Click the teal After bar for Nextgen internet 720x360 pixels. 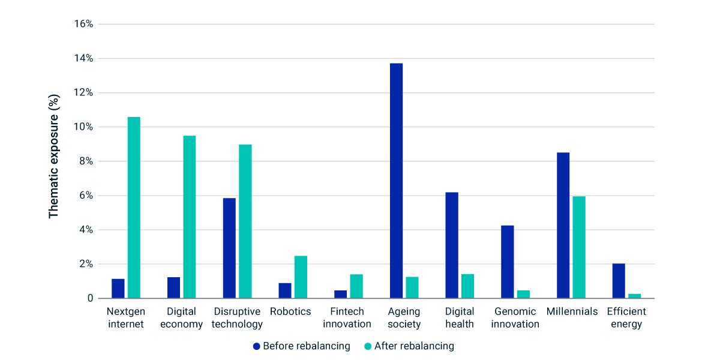tap(134, 208)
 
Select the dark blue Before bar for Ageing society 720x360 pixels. tap(396, 181)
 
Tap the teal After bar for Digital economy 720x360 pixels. tap(190, 217)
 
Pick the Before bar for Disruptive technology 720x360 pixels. tap(229, 248)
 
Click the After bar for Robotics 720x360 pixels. tap(301, 277)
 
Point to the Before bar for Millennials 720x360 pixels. tap(563, 226)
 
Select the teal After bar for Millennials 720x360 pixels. tap(579, 247)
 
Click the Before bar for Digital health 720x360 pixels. tap(452, 245)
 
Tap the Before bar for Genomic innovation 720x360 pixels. tap(508, 262)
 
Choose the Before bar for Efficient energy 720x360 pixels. tap(619, 281)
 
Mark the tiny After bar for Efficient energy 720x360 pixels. tap(635, 296)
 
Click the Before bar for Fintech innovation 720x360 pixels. tap(340, 295)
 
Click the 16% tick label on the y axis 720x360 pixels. tap(83, 24)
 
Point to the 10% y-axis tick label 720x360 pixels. tap(83, 127)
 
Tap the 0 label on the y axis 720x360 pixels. tap(91, 298)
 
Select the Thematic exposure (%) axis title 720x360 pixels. tap(53, 156)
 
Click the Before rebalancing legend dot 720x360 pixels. tap(257, 346)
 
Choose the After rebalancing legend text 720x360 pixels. tap(415, 346)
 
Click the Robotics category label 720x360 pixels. tap(290, 311)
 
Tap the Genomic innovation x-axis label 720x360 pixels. tap(515, 317)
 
